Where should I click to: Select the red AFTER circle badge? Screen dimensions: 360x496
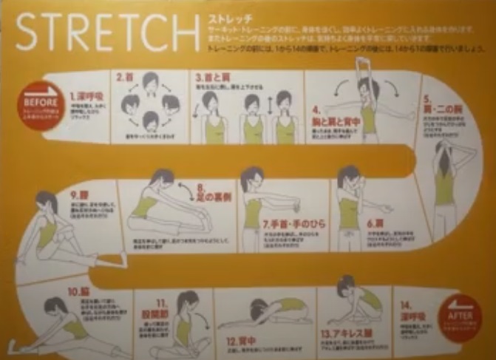(461, 316)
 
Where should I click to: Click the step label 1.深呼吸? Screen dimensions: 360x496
(86, 96)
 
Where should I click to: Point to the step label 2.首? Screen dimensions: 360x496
(124, 76)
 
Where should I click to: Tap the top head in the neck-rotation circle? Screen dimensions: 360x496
(150, 82)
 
